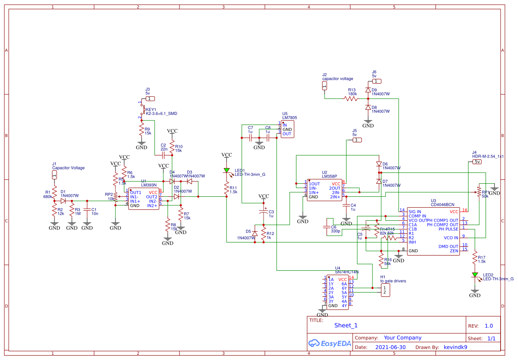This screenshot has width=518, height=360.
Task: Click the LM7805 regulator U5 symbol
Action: [x=288, y=129]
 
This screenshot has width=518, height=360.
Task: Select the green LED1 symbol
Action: [x=227, y=170]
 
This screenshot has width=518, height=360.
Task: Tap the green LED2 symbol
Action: [x=475, y=275]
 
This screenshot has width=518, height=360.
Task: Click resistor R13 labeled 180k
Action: [x=351, y=99]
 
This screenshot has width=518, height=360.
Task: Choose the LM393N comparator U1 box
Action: [x=144, y=199]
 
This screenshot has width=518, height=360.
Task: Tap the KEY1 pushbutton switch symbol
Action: [x=141, y=110]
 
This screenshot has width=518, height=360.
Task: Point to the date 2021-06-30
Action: [x=390, y=347]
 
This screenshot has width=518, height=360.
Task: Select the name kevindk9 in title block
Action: [x=455, y=347]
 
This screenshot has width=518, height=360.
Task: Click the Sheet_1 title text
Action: [x=345, y=325]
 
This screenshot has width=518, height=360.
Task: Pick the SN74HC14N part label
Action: [x=346, y=272]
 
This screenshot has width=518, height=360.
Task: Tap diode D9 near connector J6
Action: [x=368, y=91]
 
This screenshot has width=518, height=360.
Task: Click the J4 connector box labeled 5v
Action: [x=477, y=161]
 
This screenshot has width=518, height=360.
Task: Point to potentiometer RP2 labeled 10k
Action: [x=115, y=199]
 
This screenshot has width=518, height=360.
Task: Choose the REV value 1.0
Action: [x=489, y=326]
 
